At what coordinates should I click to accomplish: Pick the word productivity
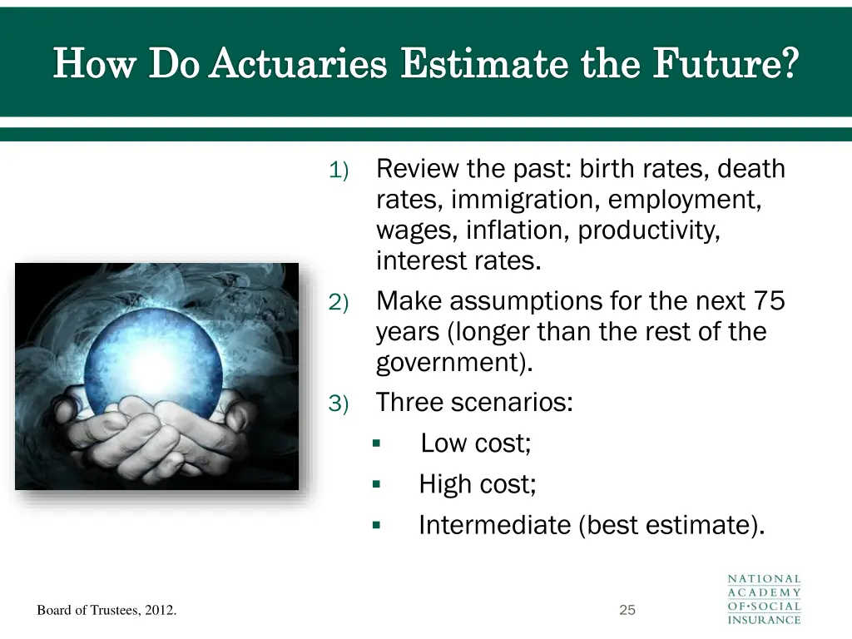[649, 230]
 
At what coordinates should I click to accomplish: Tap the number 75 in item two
[769, 300]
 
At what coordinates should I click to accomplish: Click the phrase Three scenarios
[474, 403]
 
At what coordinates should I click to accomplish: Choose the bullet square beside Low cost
[376, 443]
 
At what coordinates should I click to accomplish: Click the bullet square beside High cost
[376, 484]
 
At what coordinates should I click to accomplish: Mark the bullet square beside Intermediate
[376, 525]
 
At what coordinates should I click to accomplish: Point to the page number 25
[627, 610]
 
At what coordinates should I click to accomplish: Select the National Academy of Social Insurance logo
[764, 598]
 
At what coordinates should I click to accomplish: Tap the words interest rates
[458, 261]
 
